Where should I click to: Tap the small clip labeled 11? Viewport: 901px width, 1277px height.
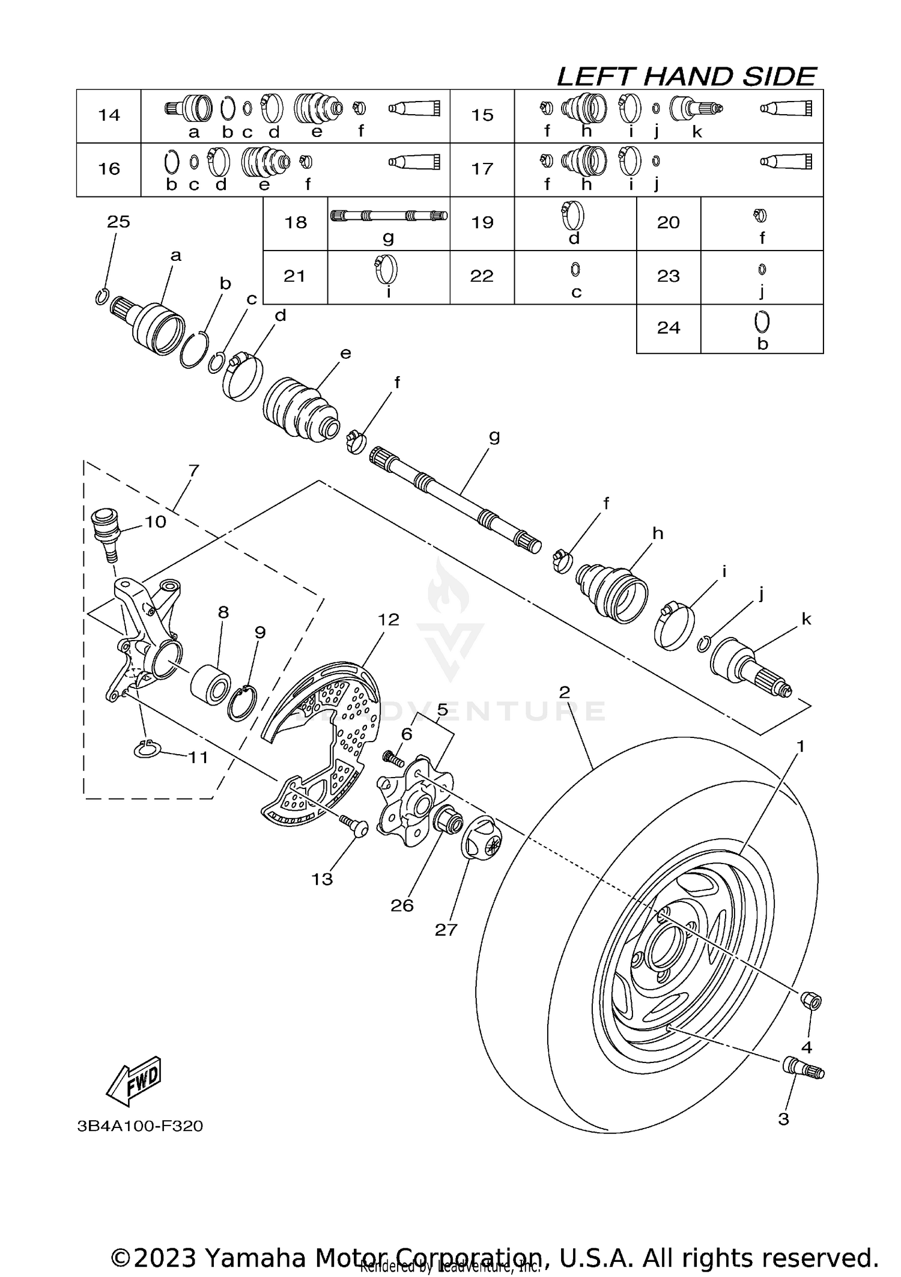pyautogui.click(x=146, y=749)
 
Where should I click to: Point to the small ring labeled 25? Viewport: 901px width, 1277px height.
pyautogui.click(x=102, y=296)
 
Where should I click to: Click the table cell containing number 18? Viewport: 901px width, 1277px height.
pyautogui.click(x=296, y=223)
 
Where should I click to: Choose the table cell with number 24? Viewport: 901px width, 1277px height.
pyautogui.click(x=668, y=328)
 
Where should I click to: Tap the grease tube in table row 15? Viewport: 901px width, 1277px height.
pyautogui.click(x=785, y=108)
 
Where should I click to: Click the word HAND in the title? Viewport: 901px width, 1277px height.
pyautogui.click(x=688, y=77)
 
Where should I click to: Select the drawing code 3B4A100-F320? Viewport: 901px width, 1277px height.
pyautogui.click(x=140, y=1126)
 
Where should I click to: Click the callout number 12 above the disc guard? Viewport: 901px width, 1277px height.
pyautogui.click(x=389, y=620)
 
